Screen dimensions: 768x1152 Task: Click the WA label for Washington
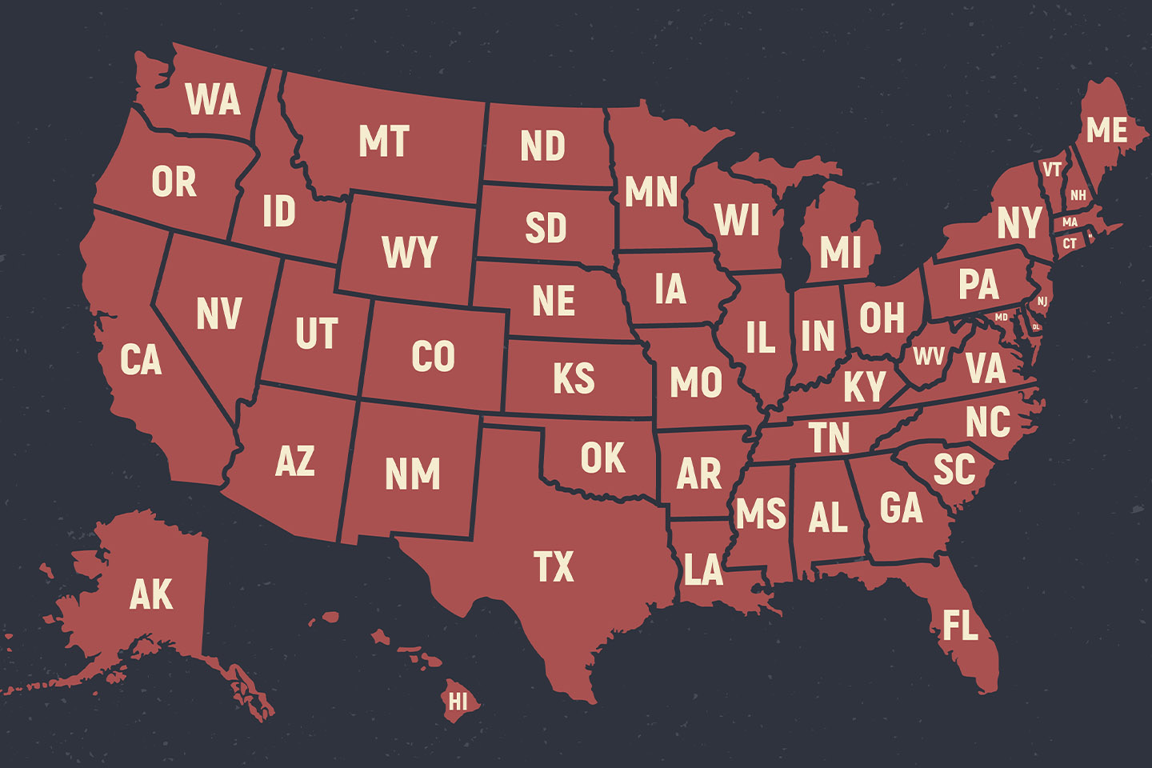tap(213, 100)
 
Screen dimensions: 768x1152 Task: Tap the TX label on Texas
tap(554, 566)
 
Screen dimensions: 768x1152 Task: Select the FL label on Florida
tap(960, 626)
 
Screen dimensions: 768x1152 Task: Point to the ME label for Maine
tap(1106, 130)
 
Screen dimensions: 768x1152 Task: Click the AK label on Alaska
tap(151, 594)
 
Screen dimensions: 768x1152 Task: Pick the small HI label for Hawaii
tap(458, 702)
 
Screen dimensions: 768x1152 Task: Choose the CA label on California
tap(141, 360)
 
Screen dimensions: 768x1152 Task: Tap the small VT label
tap(1052, 170)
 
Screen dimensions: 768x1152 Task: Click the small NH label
tap(1078, 195)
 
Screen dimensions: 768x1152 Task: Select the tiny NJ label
tap(1042, 302)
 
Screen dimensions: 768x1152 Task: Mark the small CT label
tap(1070, 243)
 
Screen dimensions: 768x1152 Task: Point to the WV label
tap(928, 356)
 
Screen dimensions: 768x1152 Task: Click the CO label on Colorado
tap(433, 357)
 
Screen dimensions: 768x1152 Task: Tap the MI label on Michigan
tap(840, 253)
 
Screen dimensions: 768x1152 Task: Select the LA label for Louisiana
tap(703, 570)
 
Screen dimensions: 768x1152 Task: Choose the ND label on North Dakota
tap(542, 146)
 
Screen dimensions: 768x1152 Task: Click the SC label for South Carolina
tap(954, 470)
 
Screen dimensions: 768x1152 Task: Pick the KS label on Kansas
tap(574, 378)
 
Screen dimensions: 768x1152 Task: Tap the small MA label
tap(1070, 222)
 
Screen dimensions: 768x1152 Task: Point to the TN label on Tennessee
tap(829, 438)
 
